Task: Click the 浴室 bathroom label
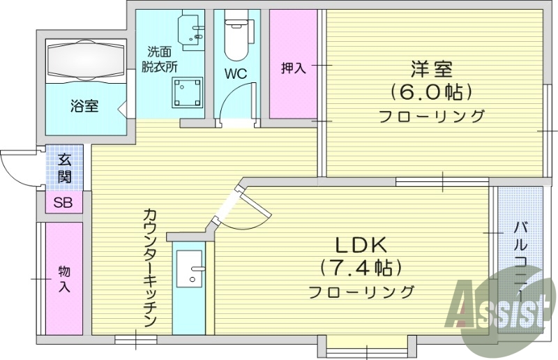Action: coord(84,107)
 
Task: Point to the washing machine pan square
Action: coord(188,93)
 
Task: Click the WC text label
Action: coord(236,73)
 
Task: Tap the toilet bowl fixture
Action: coord(236,38)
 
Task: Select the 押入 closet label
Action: coord(293,68)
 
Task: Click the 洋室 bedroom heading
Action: coord(432,69)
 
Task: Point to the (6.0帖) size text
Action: coord(432,91)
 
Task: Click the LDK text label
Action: coord(361,245)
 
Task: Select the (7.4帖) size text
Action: coord(361,267)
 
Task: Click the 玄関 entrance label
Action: coord(65,168)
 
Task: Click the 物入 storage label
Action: coord(64,278)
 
